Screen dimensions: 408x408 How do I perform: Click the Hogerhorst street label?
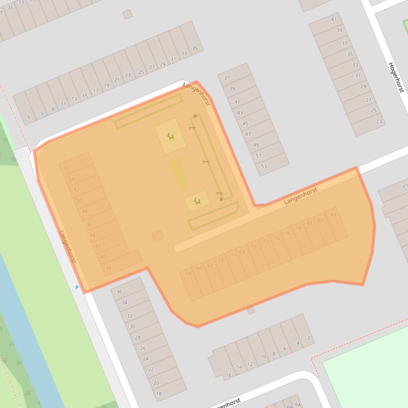coord(396,77)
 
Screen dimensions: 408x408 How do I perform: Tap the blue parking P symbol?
coord(77,288)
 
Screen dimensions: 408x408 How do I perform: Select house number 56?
coord(66,168)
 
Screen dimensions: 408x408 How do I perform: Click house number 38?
coord(108,268)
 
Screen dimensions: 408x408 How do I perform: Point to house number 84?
coord(333,215)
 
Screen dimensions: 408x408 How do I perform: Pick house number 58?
coord(188,273)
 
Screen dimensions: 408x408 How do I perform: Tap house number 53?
coord(264,166)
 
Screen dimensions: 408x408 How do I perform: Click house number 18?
coord(159,393)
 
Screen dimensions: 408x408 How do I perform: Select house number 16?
coord(229,375)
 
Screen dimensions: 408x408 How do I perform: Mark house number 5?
coord(28,118)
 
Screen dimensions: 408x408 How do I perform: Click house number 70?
coord(253,246)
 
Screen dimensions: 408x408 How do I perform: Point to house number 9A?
coord(297,405)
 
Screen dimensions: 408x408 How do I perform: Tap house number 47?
coord(248,134)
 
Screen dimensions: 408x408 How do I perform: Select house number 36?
coord(119,292)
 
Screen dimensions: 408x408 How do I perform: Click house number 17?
coord(96,91)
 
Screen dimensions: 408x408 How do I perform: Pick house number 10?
coord(263,357)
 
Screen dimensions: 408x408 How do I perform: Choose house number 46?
coord(90,225)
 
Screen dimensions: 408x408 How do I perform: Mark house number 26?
coord(143,348)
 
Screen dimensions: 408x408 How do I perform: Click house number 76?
coord(287,233)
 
